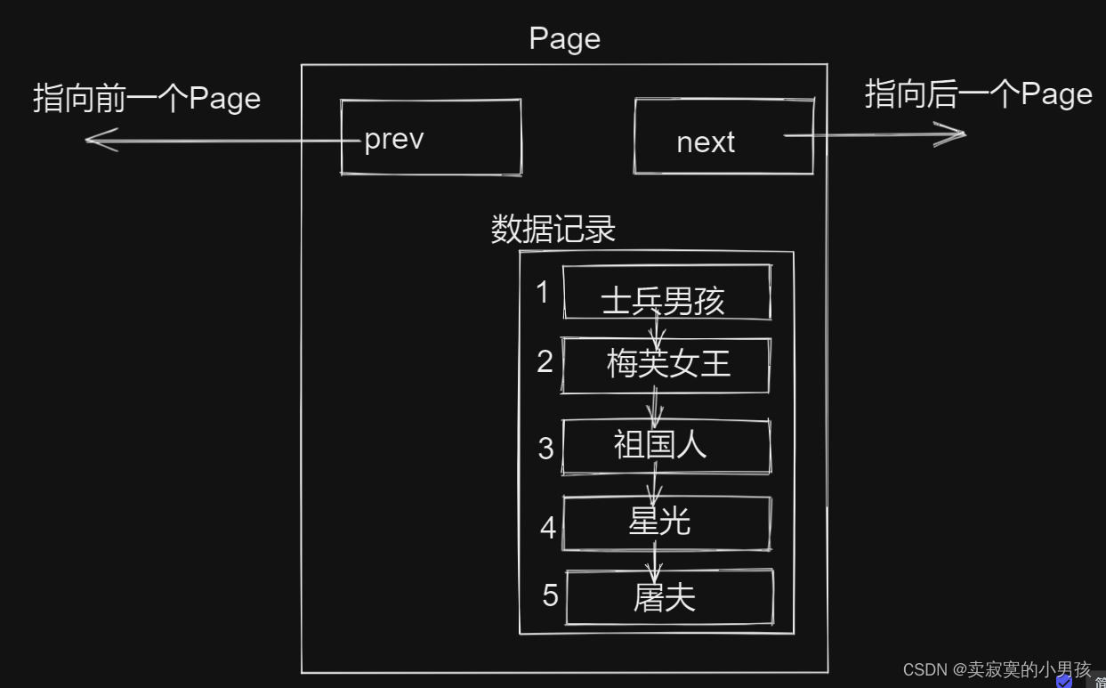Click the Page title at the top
(x=564, y=39)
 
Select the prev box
(x=431, y=137)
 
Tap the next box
(x=723, y=137)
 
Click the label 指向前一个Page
(x=147, y=98)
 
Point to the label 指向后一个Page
(x=978, y=93)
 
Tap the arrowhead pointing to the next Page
(x=956, y=135)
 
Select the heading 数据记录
(x=553, y=230)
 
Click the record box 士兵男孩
(x=666, y=293)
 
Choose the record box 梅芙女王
(x=666, y=365)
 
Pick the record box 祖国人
(x=666, y=446)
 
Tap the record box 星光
(x=666, y=523)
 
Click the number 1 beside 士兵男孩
(x=543, y=292)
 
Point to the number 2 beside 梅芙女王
(x=545, y=361)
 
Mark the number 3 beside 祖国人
(x=545, y=448)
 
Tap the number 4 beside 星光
(x=547, y=528)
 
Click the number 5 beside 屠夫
(x=550, y=595)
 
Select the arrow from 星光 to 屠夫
(x=656, y=561)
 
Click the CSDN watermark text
(x=997, y=669)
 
